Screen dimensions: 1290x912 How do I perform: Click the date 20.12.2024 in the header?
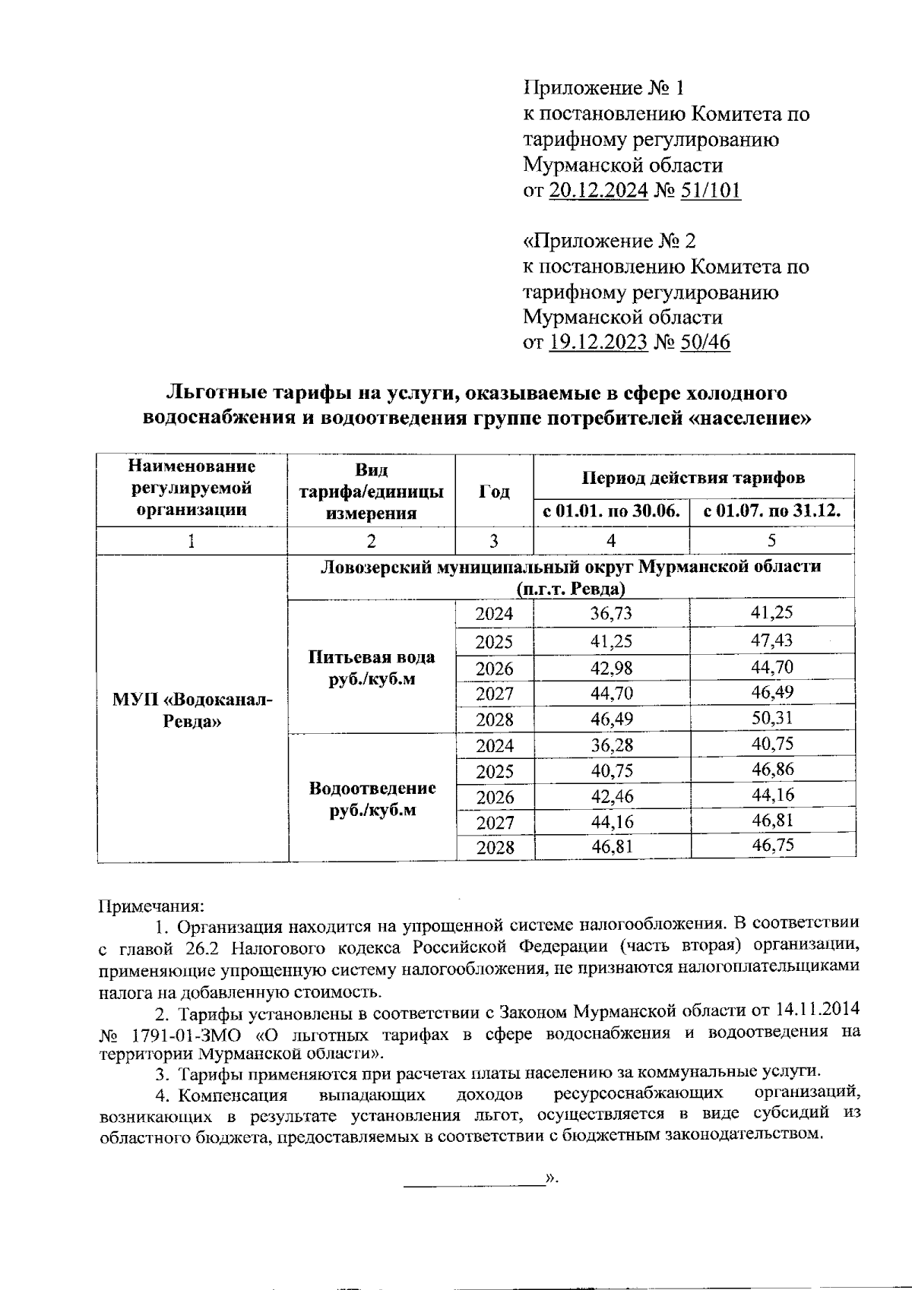point(597,190)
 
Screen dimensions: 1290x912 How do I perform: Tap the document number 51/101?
point(711,190)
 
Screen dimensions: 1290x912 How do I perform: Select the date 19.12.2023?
point(597,343)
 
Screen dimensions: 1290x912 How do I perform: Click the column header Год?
point(494,492)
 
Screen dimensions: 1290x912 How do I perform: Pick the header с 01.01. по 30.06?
point(612,511)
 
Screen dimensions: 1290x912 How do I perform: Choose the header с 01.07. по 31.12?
point(772,511)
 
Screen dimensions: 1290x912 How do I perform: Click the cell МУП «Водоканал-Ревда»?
point(192,710)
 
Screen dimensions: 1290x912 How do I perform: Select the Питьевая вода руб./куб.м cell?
point(372,668)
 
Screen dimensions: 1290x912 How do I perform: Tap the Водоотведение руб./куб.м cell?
point(372,798)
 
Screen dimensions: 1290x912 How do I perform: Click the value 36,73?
point(611,614)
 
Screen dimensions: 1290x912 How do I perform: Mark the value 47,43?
point(771,640)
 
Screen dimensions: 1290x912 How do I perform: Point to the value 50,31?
point(771,718)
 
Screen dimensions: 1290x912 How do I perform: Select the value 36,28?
point(611,745)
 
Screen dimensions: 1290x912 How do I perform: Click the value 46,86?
point(772,770)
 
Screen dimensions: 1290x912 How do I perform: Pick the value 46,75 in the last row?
point(772,846)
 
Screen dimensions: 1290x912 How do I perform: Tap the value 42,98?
point(611,668)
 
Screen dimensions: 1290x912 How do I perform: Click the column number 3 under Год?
point(494,541)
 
